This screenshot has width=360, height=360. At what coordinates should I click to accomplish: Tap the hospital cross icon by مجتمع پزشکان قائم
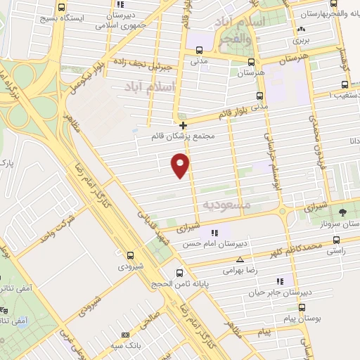coord(184,125)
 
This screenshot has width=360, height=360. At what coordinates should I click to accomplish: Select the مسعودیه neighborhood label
coord(227,204)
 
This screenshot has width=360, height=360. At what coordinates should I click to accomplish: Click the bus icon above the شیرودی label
coord(130,255)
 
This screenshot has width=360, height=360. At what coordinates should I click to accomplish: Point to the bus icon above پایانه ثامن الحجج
coord(180,273)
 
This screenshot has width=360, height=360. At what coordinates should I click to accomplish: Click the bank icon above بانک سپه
coord(126,336)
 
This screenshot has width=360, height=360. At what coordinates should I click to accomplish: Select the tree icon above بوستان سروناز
coord(342,211)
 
